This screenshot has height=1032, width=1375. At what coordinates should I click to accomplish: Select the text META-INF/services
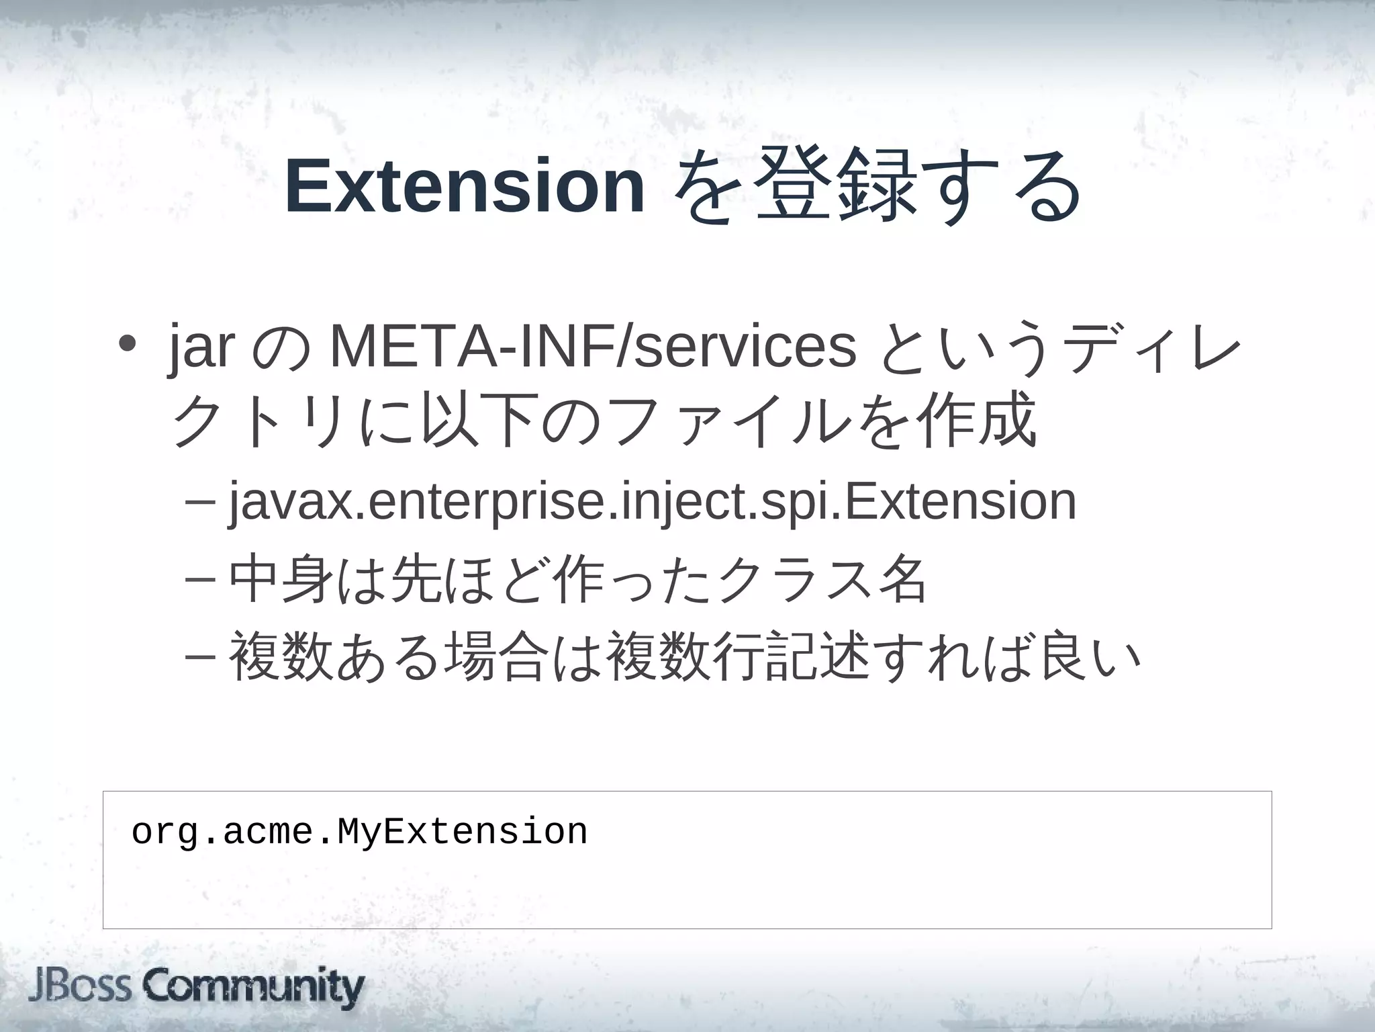pos(594,347)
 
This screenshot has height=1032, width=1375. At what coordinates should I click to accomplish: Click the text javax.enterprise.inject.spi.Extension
pos(652,501)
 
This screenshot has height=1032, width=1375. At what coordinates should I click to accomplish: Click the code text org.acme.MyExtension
pos(359,832)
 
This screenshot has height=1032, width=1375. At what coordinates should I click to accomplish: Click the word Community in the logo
pos(254,987)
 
